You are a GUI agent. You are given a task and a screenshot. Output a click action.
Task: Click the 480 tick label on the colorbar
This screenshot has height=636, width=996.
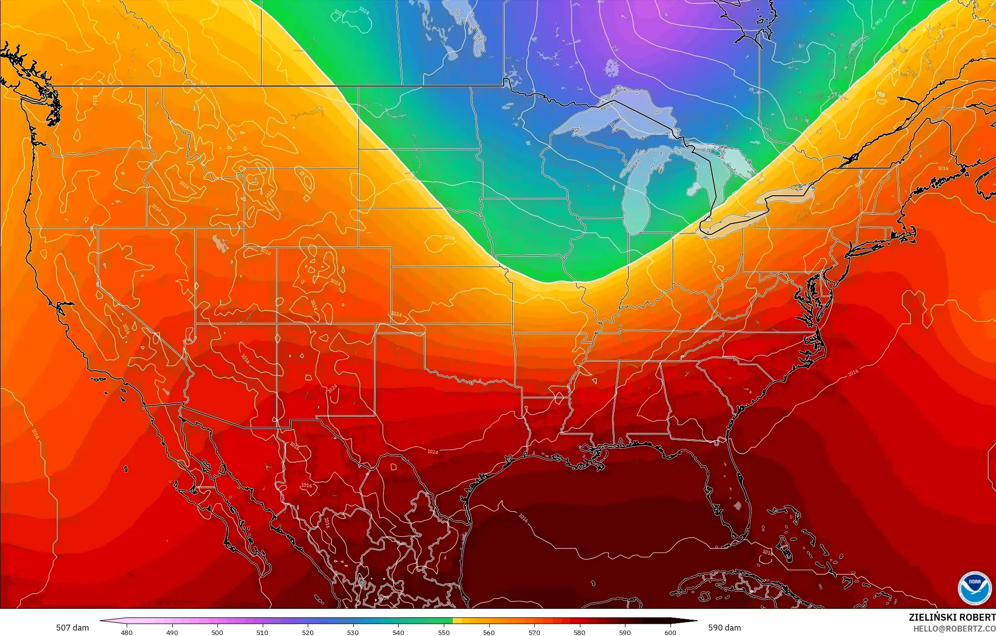click(127, 633)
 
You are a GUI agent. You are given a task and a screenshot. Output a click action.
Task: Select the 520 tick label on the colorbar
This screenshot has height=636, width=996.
click(308, 633)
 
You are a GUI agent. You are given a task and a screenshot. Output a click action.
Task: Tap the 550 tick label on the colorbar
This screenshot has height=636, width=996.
click(443, 633)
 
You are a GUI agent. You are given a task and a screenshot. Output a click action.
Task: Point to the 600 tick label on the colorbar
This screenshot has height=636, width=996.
click(670, 633)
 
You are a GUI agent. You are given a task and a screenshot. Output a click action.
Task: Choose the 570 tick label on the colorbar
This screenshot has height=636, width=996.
click(534, 633)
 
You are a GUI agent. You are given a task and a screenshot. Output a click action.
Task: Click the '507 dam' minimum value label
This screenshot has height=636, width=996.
click(72, 628)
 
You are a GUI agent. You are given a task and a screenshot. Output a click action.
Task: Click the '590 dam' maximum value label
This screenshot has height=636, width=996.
click(724, 628)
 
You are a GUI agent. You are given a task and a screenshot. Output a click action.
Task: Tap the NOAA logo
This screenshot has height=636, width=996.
click(974, 588)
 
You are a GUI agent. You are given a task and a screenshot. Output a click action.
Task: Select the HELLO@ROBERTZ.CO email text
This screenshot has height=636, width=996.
click(954, 628)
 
